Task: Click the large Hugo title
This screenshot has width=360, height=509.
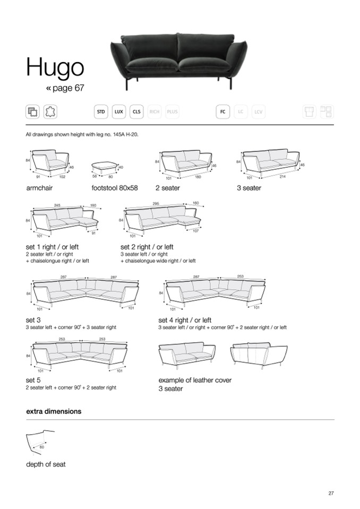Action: [x=55, y=67]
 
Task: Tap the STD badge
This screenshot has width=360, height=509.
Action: [x=100, y=112]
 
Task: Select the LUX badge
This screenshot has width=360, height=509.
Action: [x=119, y=112]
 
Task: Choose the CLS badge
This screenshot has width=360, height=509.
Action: [x=137, y=112]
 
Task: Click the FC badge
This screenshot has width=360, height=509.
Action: [x=223, y=112]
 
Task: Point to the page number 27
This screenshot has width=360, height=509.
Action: [x=331, y=494]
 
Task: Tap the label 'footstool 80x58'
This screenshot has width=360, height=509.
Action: [x=115, y=188]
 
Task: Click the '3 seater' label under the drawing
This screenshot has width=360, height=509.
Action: [x=249, y=188]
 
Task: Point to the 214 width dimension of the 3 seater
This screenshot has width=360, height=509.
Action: [x=282, y=176]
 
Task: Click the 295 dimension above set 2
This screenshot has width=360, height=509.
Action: [x=156, y=204]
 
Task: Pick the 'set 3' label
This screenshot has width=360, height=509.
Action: [x=33, y=320]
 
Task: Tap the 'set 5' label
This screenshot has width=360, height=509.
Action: [x=33, y=380]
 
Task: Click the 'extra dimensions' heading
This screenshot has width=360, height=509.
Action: [x=54, y=411]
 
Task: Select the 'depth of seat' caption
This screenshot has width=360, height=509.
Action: [x=46, y=464]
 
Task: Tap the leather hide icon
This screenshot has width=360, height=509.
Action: [x=50, y=112]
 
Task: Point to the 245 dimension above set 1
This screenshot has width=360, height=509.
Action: [x=57, y=204]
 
